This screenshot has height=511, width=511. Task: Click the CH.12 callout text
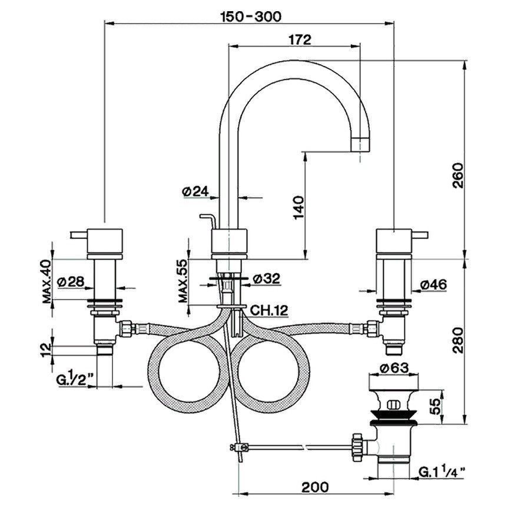point(270,309)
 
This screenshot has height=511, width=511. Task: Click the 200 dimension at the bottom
point(315,487)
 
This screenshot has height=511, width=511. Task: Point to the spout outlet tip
point(360,143)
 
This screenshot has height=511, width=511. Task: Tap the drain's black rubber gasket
point(394,419)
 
